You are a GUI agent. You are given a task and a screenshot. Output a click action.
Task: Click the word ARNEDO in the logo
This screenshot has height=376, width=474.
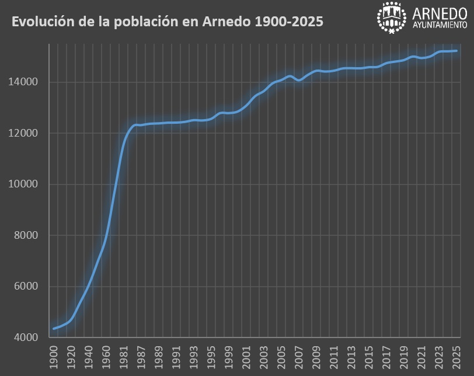[440, 13]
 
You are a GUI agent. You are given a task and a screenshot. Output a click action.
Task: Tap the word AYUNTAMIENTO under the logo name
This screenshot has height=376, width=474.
[440, 25]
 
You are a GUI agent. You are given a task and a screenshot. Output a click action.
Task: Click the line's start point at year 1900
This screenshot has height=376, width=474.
[54, 328]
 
